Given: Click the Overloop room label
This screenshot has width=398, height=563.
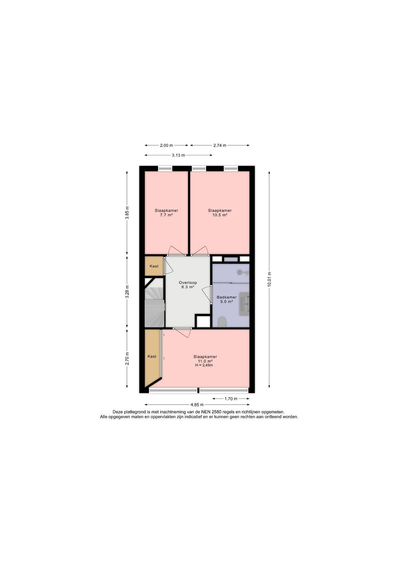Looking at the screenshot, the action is click(x=188, y=283).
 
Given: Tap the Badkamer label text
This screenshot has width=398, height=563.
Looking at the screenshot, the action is click(x=227, y=297).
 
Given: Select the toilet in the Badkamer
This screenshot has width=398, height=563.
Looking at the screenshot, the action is click(x=223, y=322).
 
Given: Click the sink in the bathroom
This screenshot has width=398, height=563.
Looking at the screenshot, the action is click(x=244, y=304).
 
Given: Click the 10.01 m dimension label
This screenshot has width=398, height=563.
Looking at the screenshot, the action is click(x=269, y=280).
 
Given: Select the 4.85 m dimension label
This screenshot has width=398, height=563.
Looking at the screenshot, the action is click(x=197, y=405).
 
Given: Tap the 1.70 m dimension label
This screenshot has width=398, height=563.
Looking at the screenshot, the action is click(x=231, y=398).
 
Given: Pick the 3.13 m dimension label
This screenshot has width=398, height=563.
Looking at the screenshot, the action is click(x=178, y=155).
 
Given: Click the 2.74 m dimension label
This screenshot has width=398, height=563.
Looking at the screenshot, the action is click(x=220, y=145).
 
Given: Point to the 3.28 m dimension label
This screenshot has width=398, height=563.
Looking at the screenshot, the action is click(x=127, y=292).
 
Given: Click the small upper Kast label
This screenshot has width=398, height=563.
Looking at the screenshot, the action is click(x=154, y=266).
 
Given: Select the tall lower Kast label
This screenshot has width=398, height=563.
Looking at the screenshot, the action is click(x=152, y=356).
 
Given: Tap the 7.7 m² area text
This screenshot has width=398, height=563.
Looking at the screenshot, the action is click(x=166, y=215).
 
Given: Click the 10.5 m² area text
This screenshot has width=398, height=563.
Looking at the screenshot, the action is click(x=220, y=215).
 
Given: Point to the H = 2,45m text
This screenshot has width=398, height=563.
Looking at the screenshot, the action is click(x=204, y=365).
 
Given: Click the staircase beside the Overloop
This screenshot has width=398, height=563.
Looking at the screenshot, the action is click(x=154, y=303).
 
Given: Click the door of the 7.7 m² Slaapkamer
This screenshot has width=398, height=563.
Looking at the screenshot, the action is click(x=176, y=250).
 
